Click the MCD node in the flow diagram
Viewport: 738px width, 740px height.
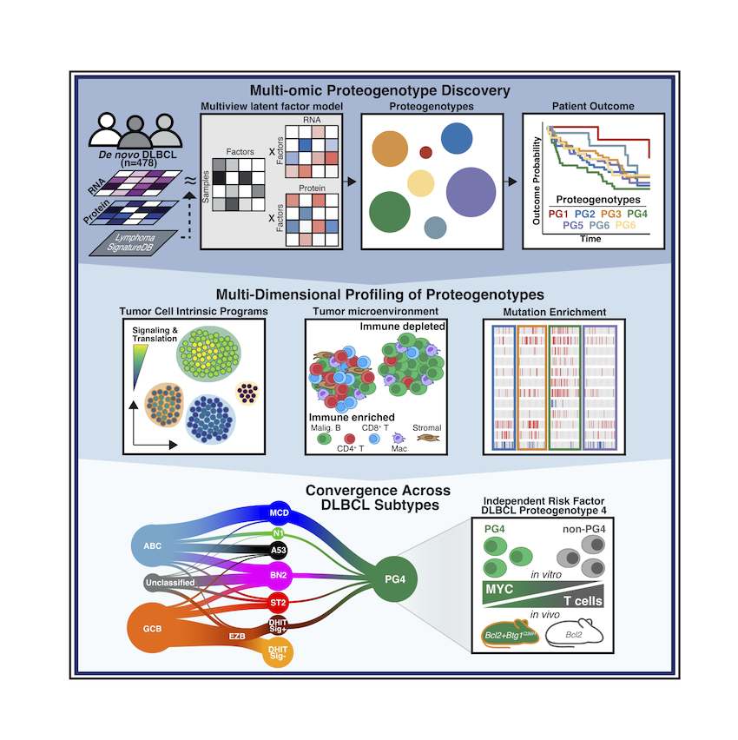tap(279, 512)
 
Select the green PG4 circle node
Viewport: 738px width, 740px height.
tap(394, 579)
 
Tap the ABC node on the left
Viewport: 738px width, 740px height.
tap(152, 546)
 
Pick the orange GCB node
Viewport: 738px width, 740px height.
tap(152, 628)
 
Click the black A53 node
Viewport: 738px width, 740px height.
tap(279, 550)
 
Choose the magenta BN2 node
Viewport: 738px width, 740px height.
tap(279, 575)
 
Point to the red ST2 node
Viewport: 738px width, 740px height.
tap(278, 603)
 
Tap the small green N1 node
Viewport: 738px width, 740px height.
tap(279, 533)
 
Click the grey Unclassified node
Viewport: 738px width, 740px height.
tap(170, 583)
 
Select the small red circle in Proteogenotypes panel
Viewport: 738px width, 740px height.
tap(425, 153)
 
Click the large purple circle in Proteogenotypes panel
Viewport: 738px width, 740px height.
tap(471, 192)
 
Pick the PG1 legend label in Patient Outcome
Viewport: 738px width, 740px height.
tap(558, 214)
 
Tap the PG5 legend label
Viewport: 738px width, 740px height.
tap(573, 225)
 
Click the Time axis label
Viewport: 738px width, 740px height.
tap(590, 239)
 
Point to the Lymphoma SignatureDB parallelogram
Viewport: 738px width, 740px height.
tap(134, 243)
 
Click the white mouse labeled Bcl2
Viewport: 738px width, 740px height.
tap(574, 634)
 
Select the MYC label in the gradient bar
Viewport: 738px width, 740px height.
tap(498, 589)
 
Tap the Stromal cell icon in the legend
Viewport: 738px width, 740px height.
tap(428, 439)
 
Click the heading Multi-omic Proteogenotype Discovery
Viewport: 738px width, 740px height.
tap(380, 90)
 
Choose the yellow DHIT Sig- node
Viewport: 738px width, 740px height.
tap(278, 652)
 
